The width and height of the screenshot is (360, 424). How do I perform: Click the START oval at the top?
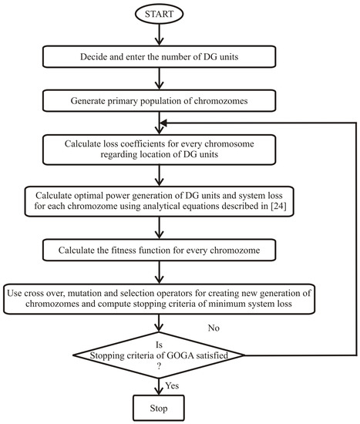click(x=158, y=15)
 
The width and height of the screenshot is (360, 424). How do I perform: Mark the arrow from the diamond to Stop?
click(x=158, y=380)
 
